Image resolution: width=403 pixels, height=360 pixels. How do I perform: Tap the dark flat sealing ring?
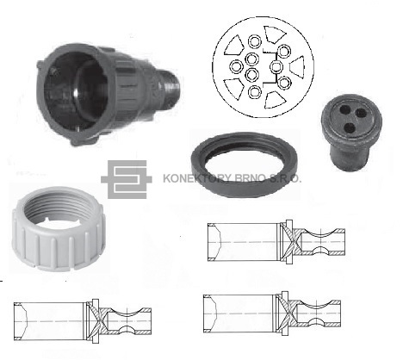click(x=245, y=164)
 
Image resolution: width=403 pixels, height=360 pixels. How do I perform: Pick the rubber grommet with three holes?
click(x=351, y=134)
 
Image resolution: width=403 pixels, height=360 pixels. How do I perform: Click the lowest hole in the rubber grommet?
click(x=350, y=127)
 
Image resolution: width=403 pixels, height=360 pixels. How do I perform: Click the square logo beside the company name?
click(x=127, y=179)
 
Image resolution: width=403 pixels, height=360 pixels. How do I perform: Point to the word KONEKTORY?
click(x=196, y=178)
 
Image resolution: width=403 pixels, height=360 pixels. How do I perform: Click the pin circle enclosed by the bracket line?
click(x=276, y=67)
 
